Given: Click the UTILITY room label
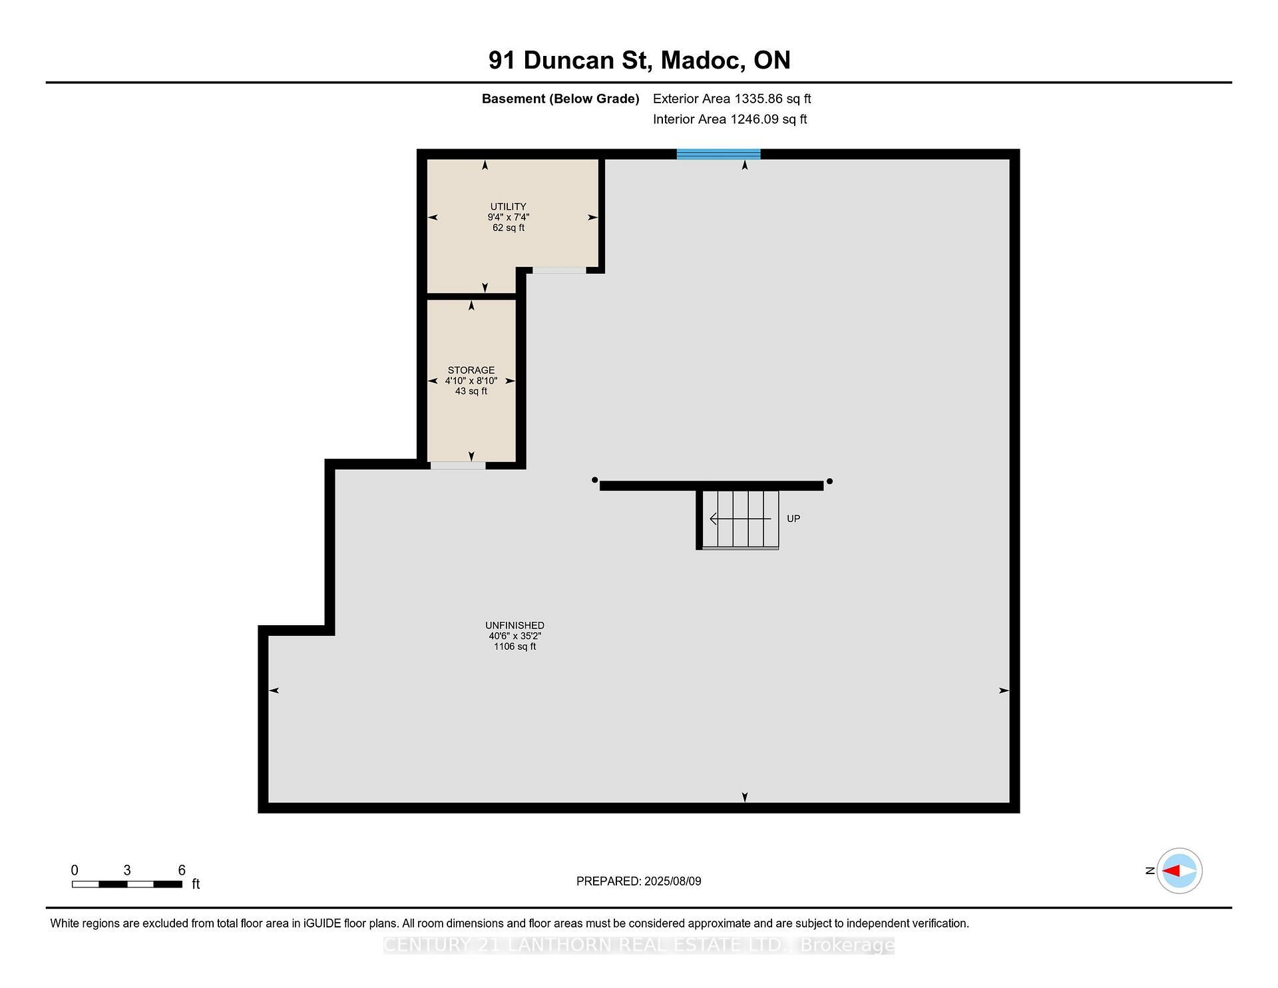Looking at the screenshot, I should click(508, 206).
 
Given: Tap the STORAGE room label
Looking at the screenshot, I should click(471, 370).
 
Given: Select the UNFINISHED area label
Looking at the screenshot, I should click(515, 625).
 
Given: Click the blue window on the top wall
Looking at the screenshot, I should click(718, 154).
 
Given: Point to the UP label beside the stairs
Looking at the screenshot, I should click(793, 519).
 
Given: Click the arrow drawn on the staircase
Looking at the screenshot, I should click(740, 519).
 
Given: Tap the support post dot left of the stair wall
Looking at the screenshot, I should click(594, 479).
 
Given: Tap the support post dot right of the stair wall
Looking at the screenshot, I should click(829, 481).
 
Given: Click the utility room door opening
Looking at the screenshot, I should click(559, 270).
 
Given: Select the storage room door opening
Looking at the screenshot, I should click(458, 465).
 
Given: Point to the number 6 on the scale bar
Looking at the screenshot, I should click(182, 870).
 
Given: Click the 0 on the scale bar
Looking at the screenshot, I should click(75, 870).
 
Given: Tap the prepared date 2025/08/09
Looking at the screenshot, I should click(672, 881).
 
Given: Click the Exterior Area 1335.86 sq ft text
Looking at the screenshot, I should click(732, 99).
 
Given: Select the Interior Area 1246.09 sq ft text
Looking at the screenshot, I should click(730, 119).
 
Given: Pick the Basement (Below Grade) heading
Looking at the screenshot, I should click(560, 99).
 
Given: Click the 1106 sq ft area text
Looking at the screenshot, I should click(515, 646).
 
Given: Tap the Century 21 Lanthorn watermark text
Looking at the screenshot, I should click(638, 945).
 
